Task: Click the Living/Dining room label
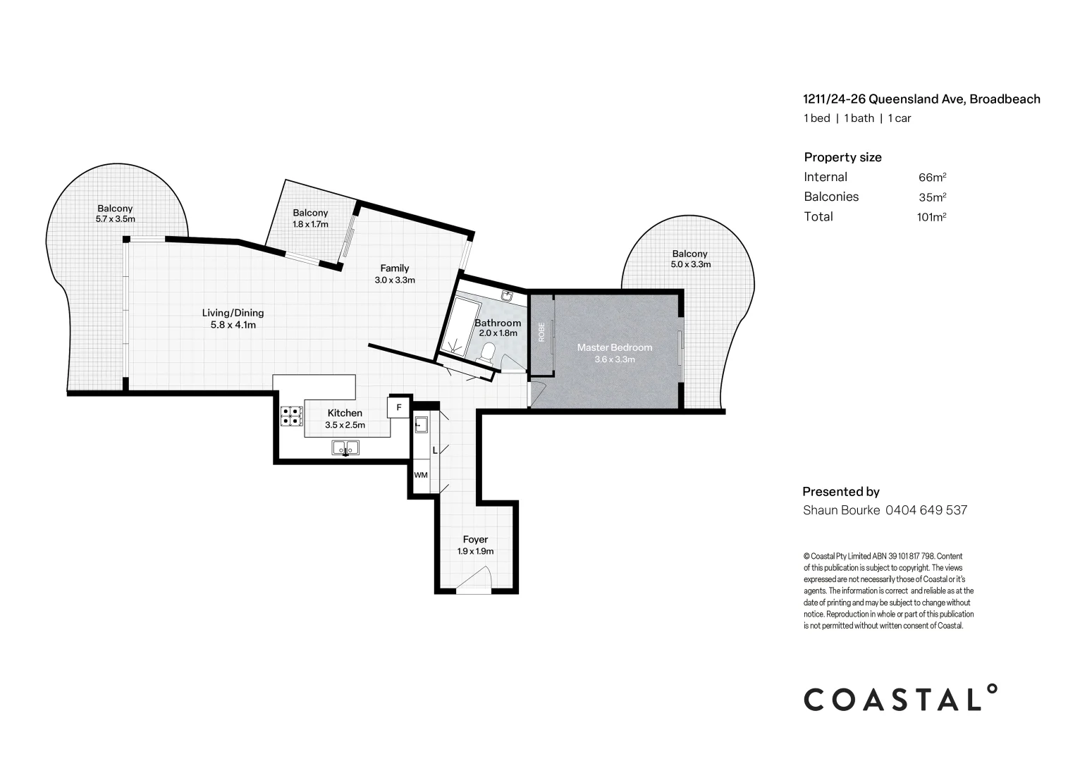tap(233, 313)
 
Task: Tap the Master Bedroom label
tap(614, 347)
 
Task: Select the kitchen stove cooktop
tap(291, 417)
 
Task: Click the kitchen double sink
tap(345, 447)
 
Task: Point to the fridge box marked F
tap(398, 407)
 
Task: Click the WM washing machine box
tap(421, 476)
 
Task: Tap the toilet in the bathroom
tap(488, 352)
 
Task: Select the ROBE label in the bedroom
tap(541, 332)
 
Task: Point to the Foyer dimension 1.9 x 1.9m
tap(475, 551)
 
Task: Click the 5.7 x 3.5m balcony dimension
tap(115, 219)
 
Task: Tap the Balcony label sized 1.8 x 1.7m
tap(310, 213)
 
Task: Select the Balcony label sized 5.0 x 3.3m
tap(689, 254)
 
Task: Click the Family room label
tap(395, 268)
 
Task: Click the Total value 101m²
tap(931, 217)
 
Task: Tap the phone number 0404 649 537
tap(926, 510)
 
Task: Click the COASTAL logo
tap(901, 698)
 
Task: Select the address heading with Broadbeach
tap(921, 99)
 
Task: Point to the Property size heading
tap(842, 157)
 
